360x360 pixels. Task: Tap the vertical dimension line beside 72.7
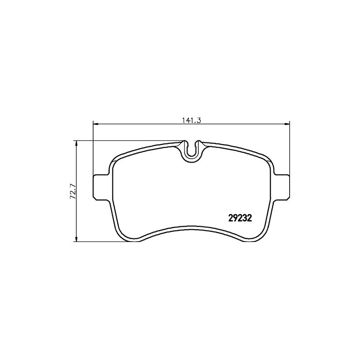point(76,168)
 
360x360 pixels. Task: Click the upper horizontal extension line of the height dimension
point(128,140)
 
